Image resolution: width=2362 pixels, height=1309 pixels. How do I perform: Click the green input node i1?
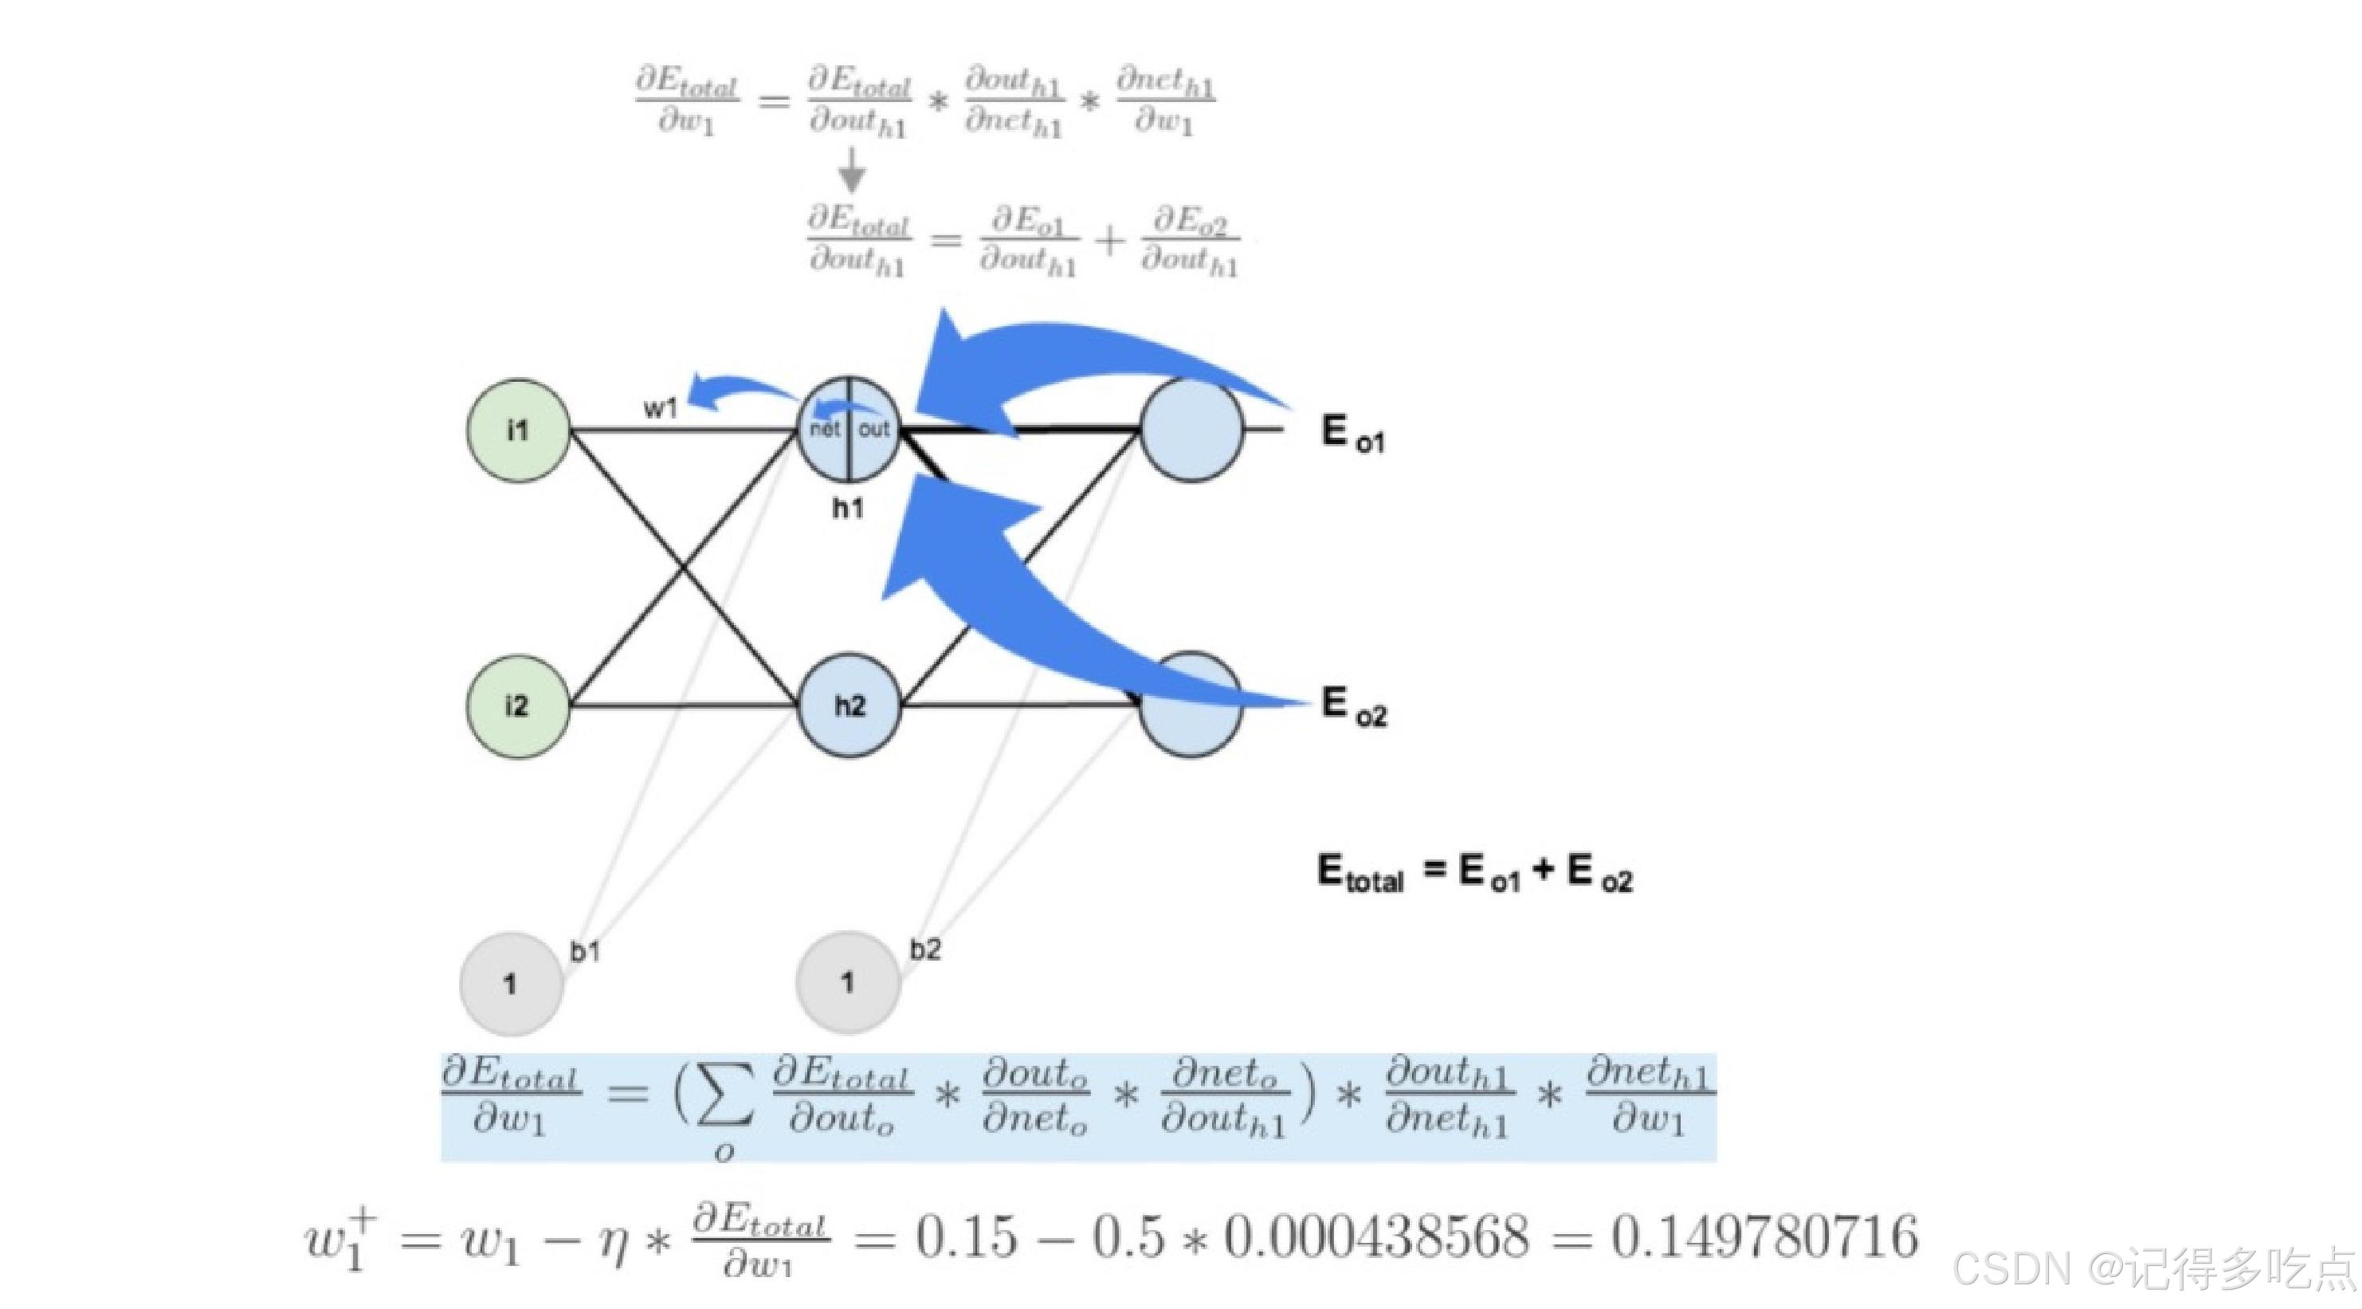coord(518,430)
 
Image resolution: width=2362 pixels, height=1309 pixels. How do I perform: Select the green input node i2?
coord(518,706)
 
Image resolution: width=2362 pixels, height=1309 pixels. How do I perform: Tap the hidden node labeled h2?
coord(849,706)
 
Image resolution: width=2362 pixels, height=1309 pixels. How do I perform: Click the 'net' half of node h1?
coord(824,430)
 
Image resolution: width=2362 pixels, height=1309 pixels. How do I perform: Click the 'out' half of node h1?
coord(873,430)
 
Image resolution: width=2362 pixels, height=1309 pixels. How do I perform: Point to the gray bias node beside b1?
coord(511,984)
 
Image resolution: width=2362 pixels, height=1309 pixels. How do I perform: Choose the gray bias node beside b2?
coord(848,981)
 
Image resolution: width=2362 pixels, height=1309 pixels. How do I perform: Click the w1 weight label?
coord(660,408)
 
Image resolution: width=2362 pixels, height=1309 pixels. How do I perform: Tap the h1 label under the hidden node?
coord(847,507)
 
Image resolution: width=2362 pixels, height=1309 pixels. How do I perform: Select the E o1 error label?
coord(1352,433)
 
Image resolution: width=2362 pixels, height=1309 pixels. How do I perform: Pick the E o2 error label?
coord(1353,706)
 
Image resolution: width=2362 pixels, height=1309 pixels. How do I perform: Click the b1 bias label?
coord(585,951)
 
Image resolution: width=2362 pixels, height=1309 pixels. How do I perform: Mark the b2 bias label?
coord(925,949)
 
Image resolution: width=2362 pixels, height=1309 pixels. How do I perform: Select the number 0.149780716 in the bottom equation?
coord(1764,1236)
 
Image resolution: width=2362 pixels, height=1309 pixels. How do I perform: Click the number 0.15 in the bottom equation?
coord(967,1236)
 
